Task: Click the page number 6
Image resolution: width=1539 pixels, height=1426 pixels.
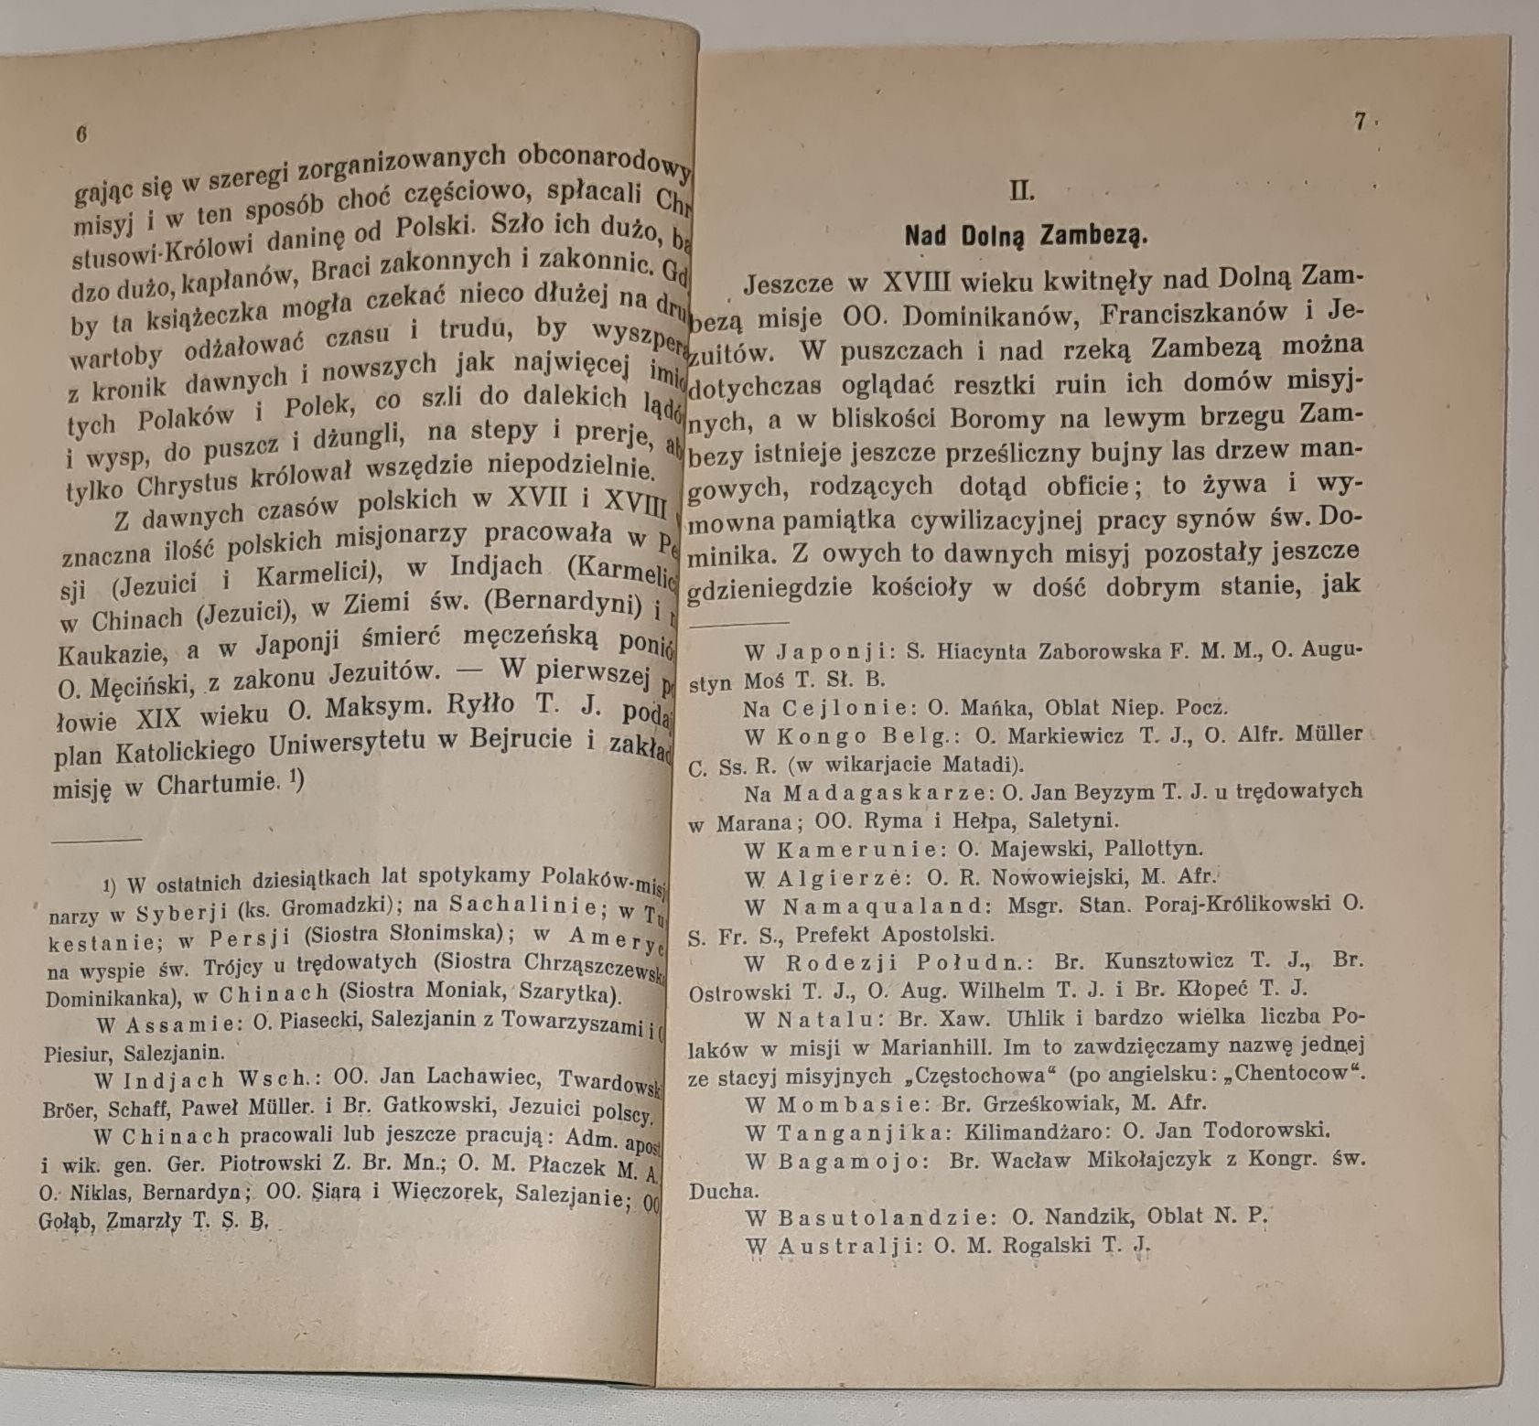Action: coord(81,134)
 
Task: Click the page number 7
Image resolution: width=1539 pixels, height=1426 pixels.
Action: coord(1360,123)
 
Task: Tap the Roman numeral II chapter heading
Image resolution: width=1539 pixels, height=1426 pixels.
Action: coord(1021,191)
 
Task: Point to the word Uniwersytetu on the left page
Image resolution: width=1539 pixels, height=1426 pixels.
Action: coord(351,746)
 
